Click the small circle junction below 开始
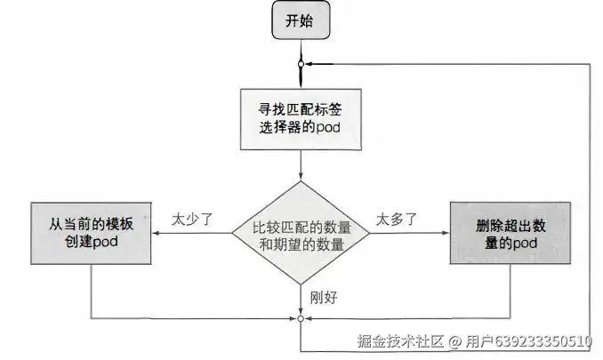[301, 64]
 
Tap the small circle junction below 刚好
[301, 318]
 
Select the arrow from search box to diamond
[301, 164]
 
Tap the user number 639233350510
[546, 341]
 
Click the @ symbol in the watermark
[453, 341]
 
